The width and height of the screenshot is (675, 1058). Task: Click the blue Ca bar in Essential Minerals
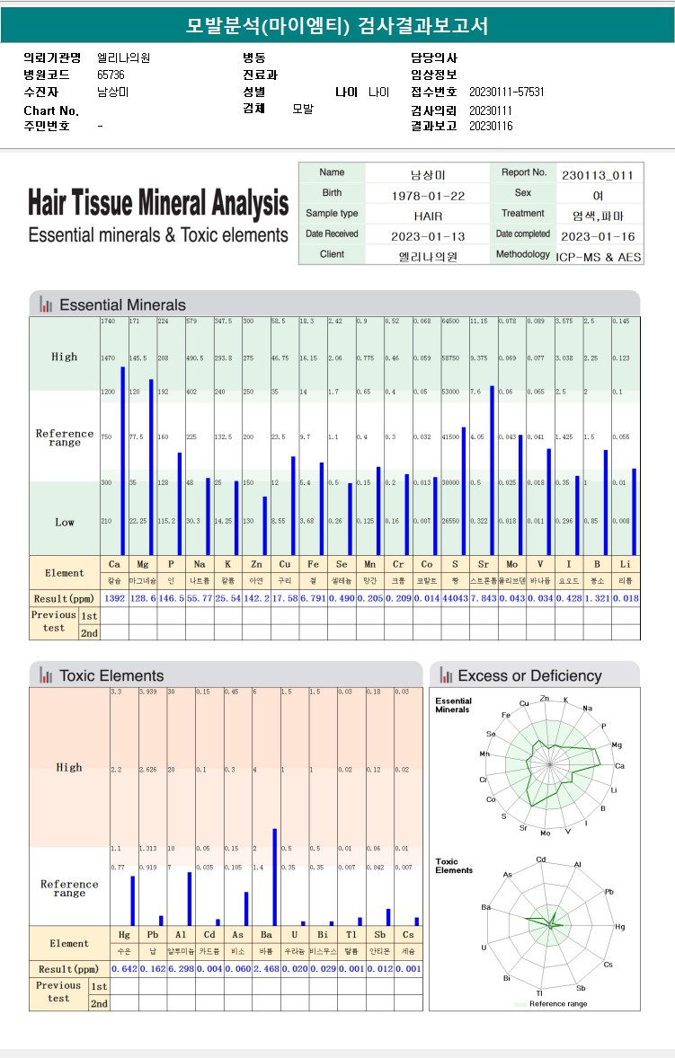tap(123, 460)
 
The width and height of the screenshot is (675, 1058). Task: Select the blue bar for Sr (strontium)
tap(493, 470)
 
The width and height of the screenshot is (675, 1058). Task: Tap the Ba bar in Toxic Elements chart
tap(275, 877)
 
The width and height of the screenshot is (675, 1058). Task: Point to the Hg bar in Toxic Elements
tap(133, 901)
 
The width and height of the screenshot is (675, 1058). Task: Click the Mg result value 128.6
tap(142, 598)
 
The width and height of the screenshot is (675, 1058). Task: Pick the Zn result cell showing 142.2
tap(256, 598)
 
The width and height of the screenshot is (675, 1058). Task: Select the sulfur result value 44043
tap(455, 598)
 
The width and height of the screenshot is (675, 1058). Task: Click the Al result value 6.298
tap(181, 969)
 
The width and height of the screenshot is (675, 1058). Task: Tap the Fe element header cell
tap(313, 564)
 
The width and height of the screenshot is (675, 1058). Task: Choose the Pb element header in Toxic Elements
tap(153, 935)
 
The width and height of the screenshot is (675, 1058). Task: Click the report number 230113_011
tap(597, 174)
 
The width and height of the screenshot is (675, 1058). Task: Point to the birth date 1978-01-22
tap(428, 195)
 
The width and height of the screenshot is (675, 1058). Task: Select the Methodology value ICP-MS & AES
tap(599, 256)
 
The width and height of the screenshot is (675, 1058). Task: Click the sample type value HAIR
tap(428, 216)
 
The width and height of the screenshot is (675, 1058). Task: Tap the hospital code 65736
tap(111, 75)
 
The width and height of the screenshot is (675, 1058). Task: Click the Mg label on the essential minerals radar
tap(617, 745)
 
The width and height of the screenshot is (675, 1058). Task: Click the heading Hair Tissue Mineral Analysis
tap(158, 204)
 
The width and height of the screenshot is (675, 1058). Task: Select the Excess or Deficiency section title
tap(529, 675)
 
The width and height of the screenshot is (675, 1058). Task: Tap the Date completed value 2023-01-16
tap(597, 236)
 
